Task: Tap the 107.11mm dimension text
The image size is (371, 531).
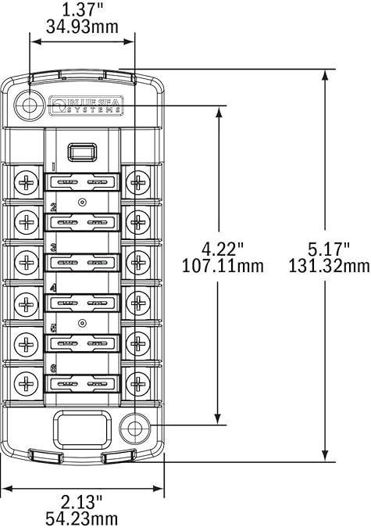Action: [x=223, y=266]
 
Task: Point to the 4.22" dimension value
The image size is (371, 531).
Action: [x=223, y=249]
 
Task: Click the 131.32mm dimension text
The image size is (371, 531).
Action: [x=328, y=266]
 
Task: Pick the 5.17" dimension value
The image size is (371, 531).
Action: [x=328, y=249]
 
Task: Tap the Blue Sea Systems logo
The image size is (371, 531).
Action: [x=86, y=106]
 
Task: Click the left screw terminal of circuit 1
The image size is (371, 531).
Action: [x=27, y=184]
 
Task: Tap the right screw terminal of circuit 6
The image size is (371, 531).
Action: [x=138, y=383]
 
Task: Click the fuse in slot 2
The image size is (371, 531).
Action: [x=83, y=223]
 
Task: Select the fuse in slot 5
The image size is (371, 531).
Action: [x=83, y=343]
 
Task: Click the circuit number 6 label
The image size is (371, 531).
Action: [x=53, y=368]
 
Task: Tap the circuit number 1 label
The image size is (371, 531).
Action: [x=53, y=167]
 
